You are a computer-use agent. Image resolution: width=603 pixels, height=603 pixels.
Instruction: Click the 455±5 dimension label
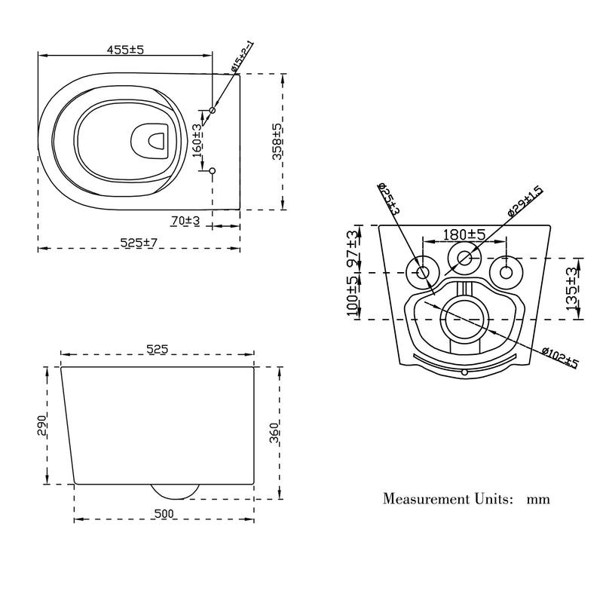point(125,50)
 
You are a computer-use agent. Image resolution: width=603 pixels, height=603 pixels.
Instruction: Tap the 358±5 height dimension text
point(277,141)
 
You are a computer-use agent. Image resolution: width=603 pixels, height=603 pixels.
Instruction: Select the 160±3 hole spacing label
point(197,140)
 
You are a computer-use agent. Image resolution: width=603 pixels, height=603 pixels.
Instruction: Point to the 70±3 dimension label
point(185,221)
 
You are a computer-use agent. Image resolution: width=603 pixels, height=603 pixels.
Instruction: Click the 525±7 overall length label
point(139,243)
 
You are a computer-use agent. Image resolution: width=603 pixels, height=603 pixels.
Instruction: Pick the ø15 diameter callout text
point(242,57)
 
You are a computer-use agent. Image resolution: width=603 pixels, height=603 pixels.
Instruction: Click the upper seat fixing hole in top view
point(212,110)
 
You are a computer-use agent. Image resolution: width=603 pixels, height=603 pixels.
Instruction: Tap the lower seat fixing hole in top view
point(212,170)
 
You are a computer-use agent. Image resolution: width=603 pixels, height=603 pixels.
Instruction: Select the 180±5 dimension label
point(464,234)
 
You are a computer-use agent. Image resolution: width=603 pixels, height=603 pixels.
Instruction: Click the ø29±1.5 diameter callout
point(525,201)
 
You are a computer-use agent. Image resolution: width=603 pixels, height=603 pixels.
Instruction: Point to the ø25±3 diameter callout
point(389,198)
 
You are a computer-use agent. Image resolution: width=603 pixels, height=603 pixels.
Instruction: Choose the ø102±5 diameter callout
point(560,357)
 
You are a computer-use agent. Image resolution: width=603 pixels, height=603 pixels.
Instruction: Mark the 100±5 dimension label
point(353,296)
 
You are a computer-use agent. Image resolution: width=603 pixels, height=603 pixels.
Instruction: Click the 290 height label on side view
point(42,425)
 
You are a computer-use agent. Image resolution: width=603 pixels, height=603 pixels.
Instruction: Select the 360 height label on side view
point(274,433)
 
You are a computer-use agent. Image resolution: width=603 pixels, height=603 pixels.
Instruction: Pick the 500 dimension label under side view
point(164,513)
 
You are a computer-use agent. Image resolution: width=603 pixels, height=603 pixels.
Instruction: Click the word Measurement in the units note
point(426,499)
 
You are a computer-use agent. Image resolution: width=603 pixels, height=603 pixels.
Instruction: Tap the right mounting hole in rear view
point(506,273)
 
